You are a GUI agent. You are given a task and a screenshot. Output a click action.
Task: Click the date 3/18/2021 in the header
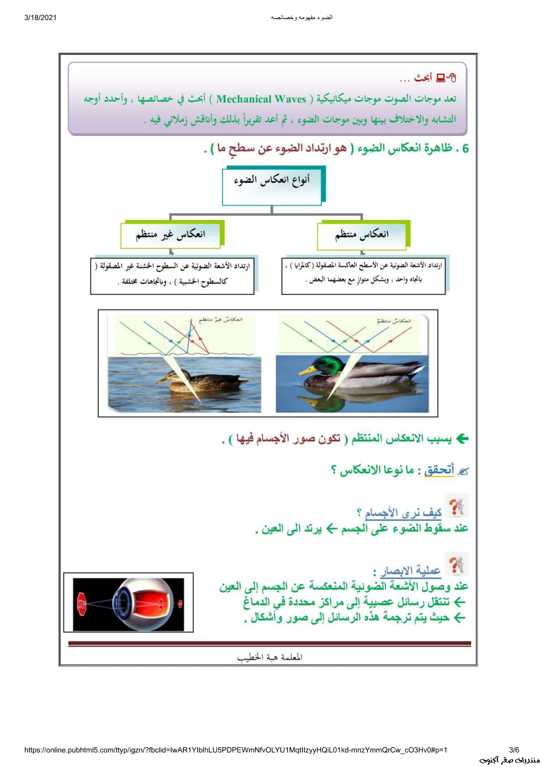coord(40,17)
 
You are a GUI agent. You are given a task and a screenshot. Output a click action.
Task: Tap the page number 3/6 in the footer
coord(514,750)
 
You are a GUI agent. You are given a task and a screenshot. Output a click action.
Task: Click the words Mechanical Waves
coord(261,99)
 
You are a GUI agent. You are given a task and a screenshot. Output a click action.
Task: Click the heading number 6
coord(465,149)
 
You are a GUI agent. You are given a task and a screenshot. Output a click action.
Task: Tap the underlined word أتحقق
coord(439,470)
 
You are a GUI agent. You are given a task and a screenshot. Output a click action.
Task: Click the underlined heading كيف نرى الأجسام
coord(403,512)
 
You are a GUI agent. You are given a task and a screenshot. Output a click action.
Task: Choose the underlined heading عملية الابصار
coord(410,571)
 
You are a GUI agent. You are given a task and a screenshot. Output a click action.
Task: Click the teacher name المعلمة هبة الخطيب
coord(270,657)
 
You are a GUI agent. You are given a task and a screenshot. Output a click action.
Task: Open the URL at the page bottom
coord(235,750)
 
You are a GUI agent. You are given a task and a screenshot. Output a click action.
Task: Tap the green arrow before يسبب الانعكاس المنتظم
coord(462,438)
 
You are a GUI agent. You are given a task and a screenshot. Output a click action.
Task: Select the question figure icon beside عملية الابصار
coord(456,564)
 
